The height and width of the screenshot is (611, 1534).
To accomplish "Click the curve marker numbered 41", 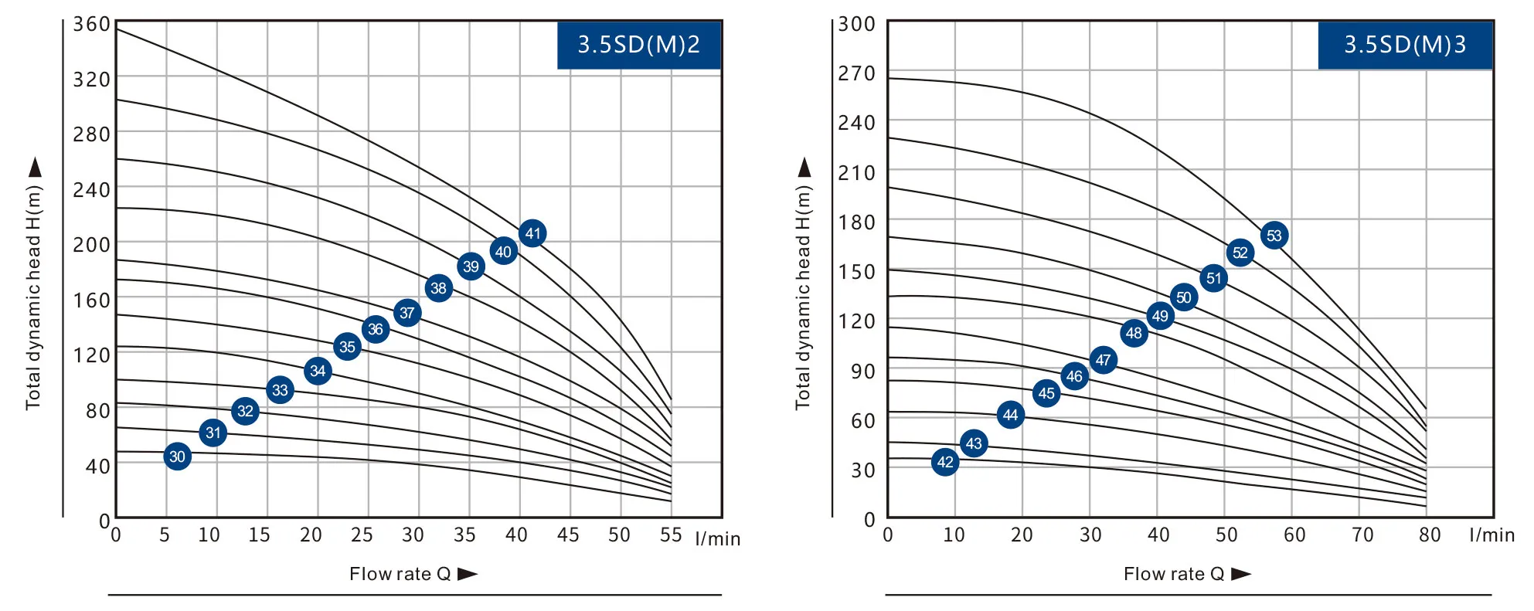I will [532, 233].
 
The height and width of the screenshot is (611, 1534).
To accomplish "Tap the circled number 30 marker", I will [178, 457].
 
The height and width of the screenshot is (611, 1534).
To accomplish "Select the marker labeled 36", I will [376, 329].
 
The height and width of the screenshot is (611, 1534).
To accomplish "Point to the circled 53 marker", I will [1274, 236].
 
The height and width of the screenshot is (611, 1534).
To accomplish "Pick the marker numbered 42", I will [945, 462].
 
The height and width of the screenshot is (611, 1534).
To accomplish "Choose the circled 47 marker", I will [1104, 360].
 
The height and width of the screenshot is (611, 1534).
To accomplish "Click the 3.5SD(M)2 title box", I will [639, 45].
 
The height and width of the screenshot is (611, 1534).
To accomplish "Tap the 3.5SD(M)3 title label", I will [1405, 45].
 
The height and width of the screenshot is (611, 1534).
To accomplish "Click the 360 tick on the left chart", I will [91, 25].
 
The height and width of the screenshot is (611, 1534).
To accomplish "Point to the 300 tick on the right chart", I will [856, 25].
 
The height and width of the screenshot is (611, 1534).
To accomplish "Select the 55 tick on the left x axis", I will [671, 535].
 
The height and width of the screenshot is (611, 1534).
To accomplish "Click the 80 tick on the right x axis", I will [1430, 535].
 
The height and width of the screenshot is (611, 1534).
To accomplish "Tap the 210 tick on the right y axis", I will [856, 173].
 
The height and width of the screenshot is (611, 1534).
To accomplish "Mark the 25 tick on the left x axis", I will [362, 535].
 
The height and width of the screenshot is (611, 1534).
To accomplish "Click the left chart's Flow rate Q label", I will [400, 574].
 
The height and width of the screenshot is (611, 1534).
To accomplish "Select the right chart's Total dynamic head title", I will [804, 297].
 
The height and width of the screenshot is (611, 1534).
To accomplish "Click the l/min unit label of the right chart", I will [1491, 535].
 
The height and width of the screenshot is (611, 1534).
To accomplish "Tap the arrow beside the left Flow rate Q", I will [468, 574].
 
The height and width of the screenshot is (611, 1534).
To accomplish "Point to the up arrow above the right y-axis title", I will [804, 167].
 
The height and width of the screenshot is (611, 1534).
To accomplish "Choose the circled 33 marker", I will [280, 390].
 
